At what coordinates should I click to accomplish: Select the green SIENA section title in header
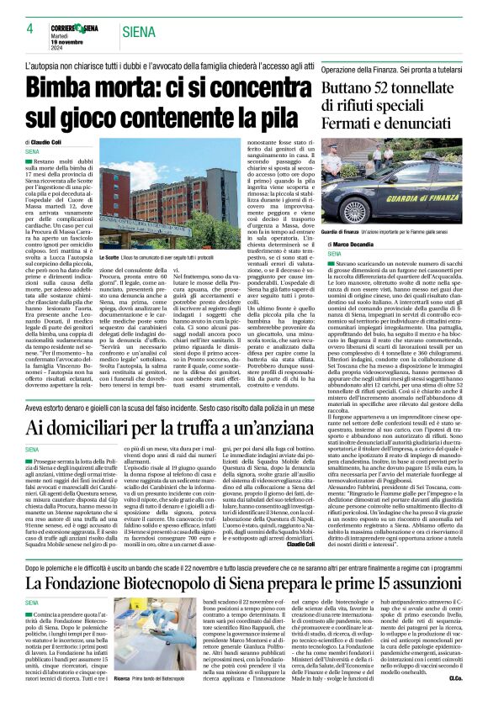[x=139, y=32]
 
